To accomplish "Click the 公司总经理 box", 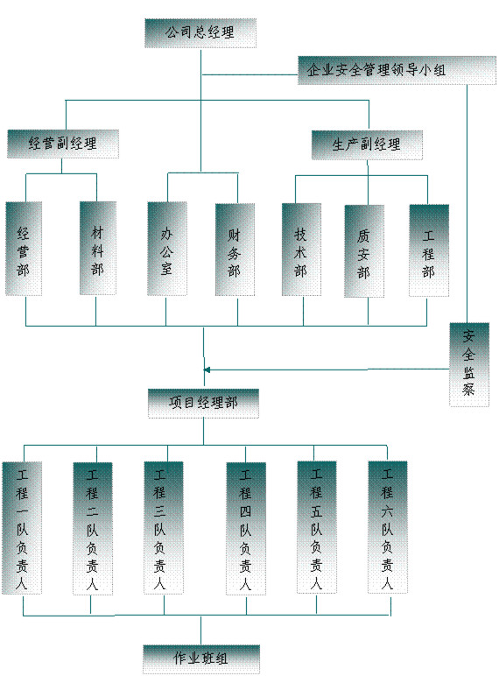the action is point(200,32).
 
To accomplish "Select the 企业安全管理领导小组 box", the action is point(397,70).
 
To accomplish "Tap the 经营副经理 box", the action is point(63,144).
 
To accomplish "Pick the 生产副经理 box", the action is point(367,144).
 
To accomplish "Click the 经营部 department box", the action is point(24,249).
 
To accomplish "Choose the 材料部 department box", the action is point(98,249).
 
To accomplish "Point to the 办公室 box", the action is point(167,249).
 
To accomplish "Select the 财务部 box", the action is point(235,250).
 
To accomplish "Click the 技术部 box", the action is point(301,250).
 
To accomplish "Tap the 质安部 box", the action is point(364,251).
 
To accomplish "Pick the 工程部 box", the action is point(429,250).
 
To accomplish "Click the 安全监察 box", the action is point(469,365).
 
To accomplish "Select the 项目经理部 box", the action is point(203,404).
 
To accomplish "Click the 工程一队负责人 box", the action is point(22,528).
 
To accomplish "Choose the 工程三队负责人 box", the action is point(164,528).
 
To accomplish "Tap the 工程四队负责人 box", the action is point(246,529).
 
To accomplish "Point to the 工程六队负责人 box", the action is point(388,527).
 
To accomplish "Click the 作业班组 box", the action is point(201,659).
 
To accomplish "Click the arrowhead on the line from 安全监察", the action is point(207,370).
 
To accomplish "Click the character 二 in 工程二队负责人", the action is point(92,511).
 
